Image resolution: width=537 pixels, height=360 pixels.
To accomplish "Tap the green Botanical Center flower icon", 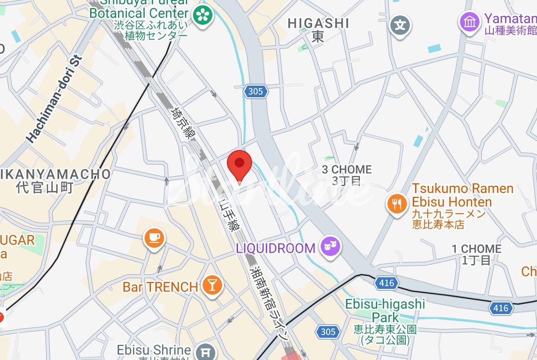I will tap(203, 15).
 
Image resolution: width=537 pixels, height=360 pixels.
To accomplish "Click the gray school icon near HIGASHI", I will tap(401, 25).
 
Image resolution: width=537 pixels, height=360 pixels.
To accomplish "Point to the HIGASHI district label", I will tap(318, 23).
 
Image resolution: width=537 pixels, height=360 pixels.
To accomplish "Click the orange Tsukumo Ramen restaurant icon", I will tap(397, 204).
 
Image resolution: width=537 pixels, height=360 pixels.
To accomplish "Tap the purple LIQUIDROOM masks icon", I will tap(331, 248).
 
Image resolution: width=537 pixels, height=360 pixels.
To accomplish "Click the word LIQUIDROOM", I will tap(276, 249).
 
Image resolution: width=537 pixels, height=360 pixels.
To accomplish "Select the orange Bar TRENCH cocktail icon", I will tap(211, 285).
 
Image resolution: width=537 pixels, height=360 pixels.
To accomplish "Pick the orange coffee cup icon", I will tap(154, 238).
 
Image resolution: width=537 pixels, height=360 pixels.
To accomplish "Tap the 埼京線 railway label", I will tap(179, 123).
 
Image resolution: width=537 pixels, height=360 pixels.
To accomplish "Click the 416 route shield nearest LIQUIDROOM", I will tap(387, 283).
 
